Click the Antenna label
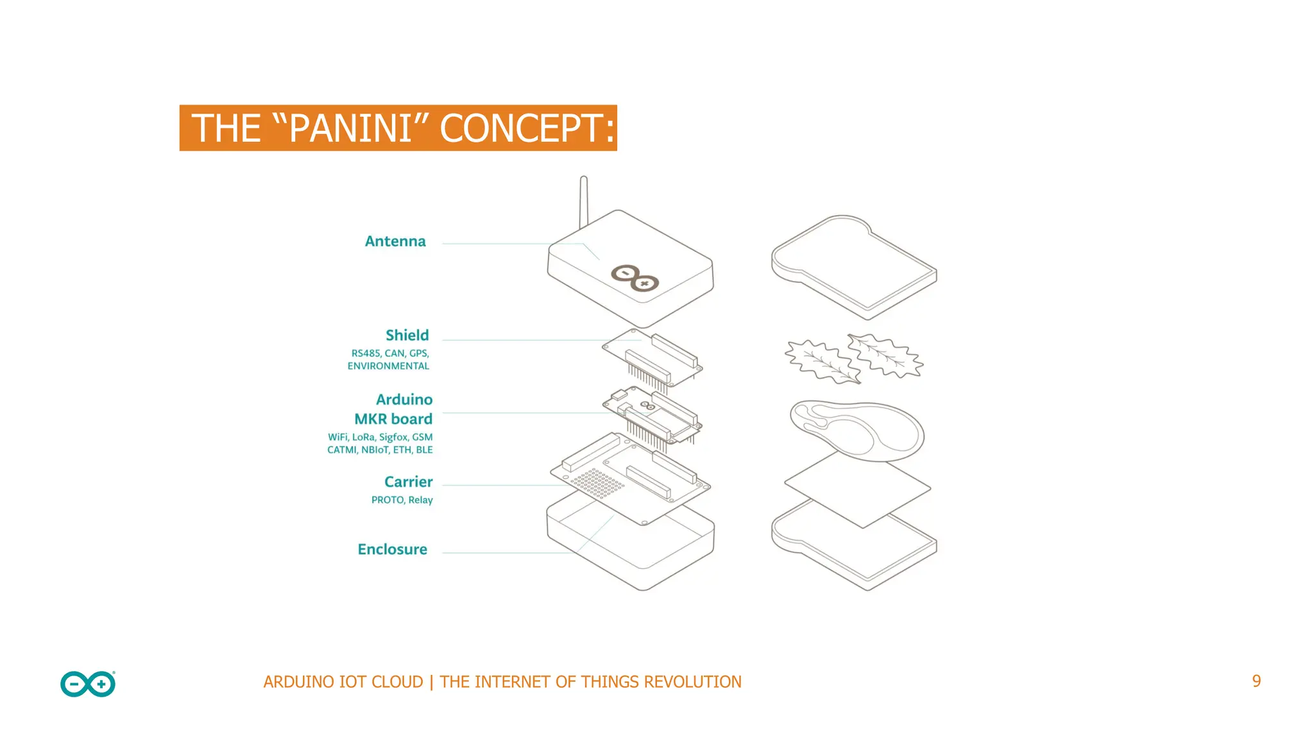pos(395,241)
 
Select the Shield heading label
pos(407,335)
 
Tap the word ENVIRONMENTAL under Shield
pos(388,366)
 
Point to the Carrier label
pos(408,482)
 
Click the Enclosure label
pos(392,549)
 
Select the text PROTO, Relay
pos(402,500)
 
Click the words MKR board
pos(393,419)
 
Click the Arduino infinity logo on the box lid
pos(635,278)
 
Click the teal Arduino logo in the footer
pos(88,684)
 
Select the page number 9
pos(1256,681)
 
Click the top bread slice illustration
pos(853,266)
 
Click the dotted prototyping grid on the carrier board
pos(597,482)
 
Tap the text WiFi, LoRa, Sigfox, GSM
pos(380,437)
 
